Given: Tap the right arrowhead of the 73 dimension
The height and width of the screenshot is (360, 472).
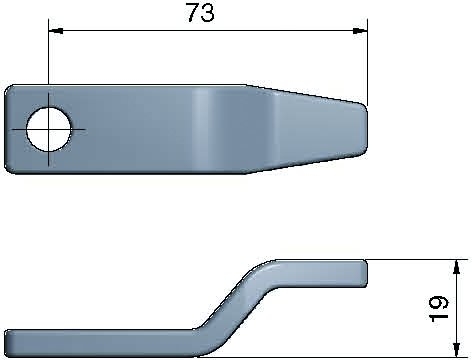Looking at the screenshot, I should click(359, 31).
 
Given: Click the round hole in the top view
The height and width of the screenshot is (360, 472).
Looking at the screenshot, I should click(49, 130).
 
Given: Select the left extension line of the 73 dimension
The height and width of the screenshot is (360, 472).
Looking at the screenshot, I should click(48, 60).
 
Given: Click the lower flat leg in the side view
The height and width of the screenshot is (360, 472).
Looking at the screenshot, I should click(100, 342).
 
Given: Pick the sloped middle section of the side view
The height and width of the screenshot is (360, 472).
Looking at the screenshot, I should click(232, 304).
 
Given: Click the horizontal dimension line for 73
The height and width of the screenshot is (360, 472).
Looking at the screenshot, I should click(130, 31).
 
